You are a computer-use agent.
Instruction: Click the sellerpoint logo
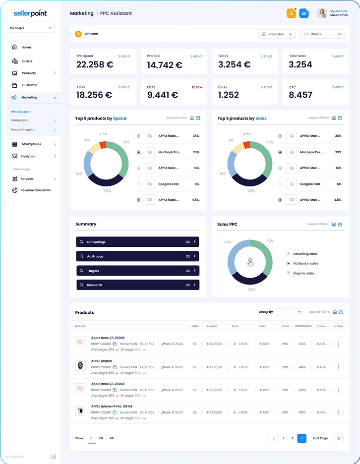[x=30, y=13]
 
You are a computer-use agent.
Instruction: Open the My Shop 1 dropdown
[x=30, y=28]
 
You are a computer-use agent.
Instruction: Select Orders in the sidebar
[x=27, y=61]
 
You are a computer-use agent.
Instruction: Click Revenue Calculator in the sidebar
[x=35, y=190]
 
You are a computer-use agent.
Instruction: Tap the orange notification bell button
[x=291, y=13]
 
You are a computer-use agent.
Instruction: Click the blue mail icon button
[x=304, y=13]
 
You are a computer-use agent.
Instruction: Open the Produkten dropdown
[x=277, y=34]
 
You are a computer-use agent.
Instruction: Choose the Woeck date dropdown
[x=322, y=34]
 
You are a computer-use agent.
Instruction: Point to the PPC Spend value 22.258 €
[x=95, y=65]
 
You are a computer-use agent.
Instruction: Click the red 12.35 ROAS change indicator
[x=197, y=87]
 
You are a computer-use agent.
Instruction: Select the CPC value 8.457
[x=300, y=95]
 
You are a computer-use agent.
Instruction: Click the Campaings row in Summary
[x=138, y=242]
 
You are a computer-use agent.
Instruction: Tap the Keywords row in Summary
[x=138, y=285]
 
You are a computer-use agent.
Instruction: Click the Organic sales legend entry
[x=303, y=273]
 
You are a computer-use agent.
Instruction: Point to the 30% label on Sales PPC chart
[x=228, y=242]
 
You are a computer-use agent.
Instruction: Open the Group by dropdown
[x=289, y=312]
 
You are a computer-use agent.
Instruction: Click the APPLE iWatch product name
[x=102, y=361]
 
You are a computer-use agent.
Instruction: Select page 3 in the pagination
[x=301, y=438]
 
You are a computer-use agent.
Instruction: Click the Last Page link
[x=320, y=438]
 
